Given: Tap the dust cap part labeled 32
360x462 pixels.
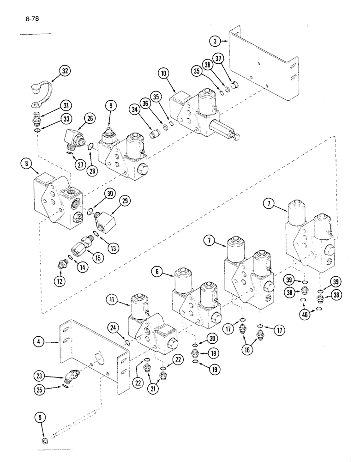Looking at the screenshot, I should pos(37,91).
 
